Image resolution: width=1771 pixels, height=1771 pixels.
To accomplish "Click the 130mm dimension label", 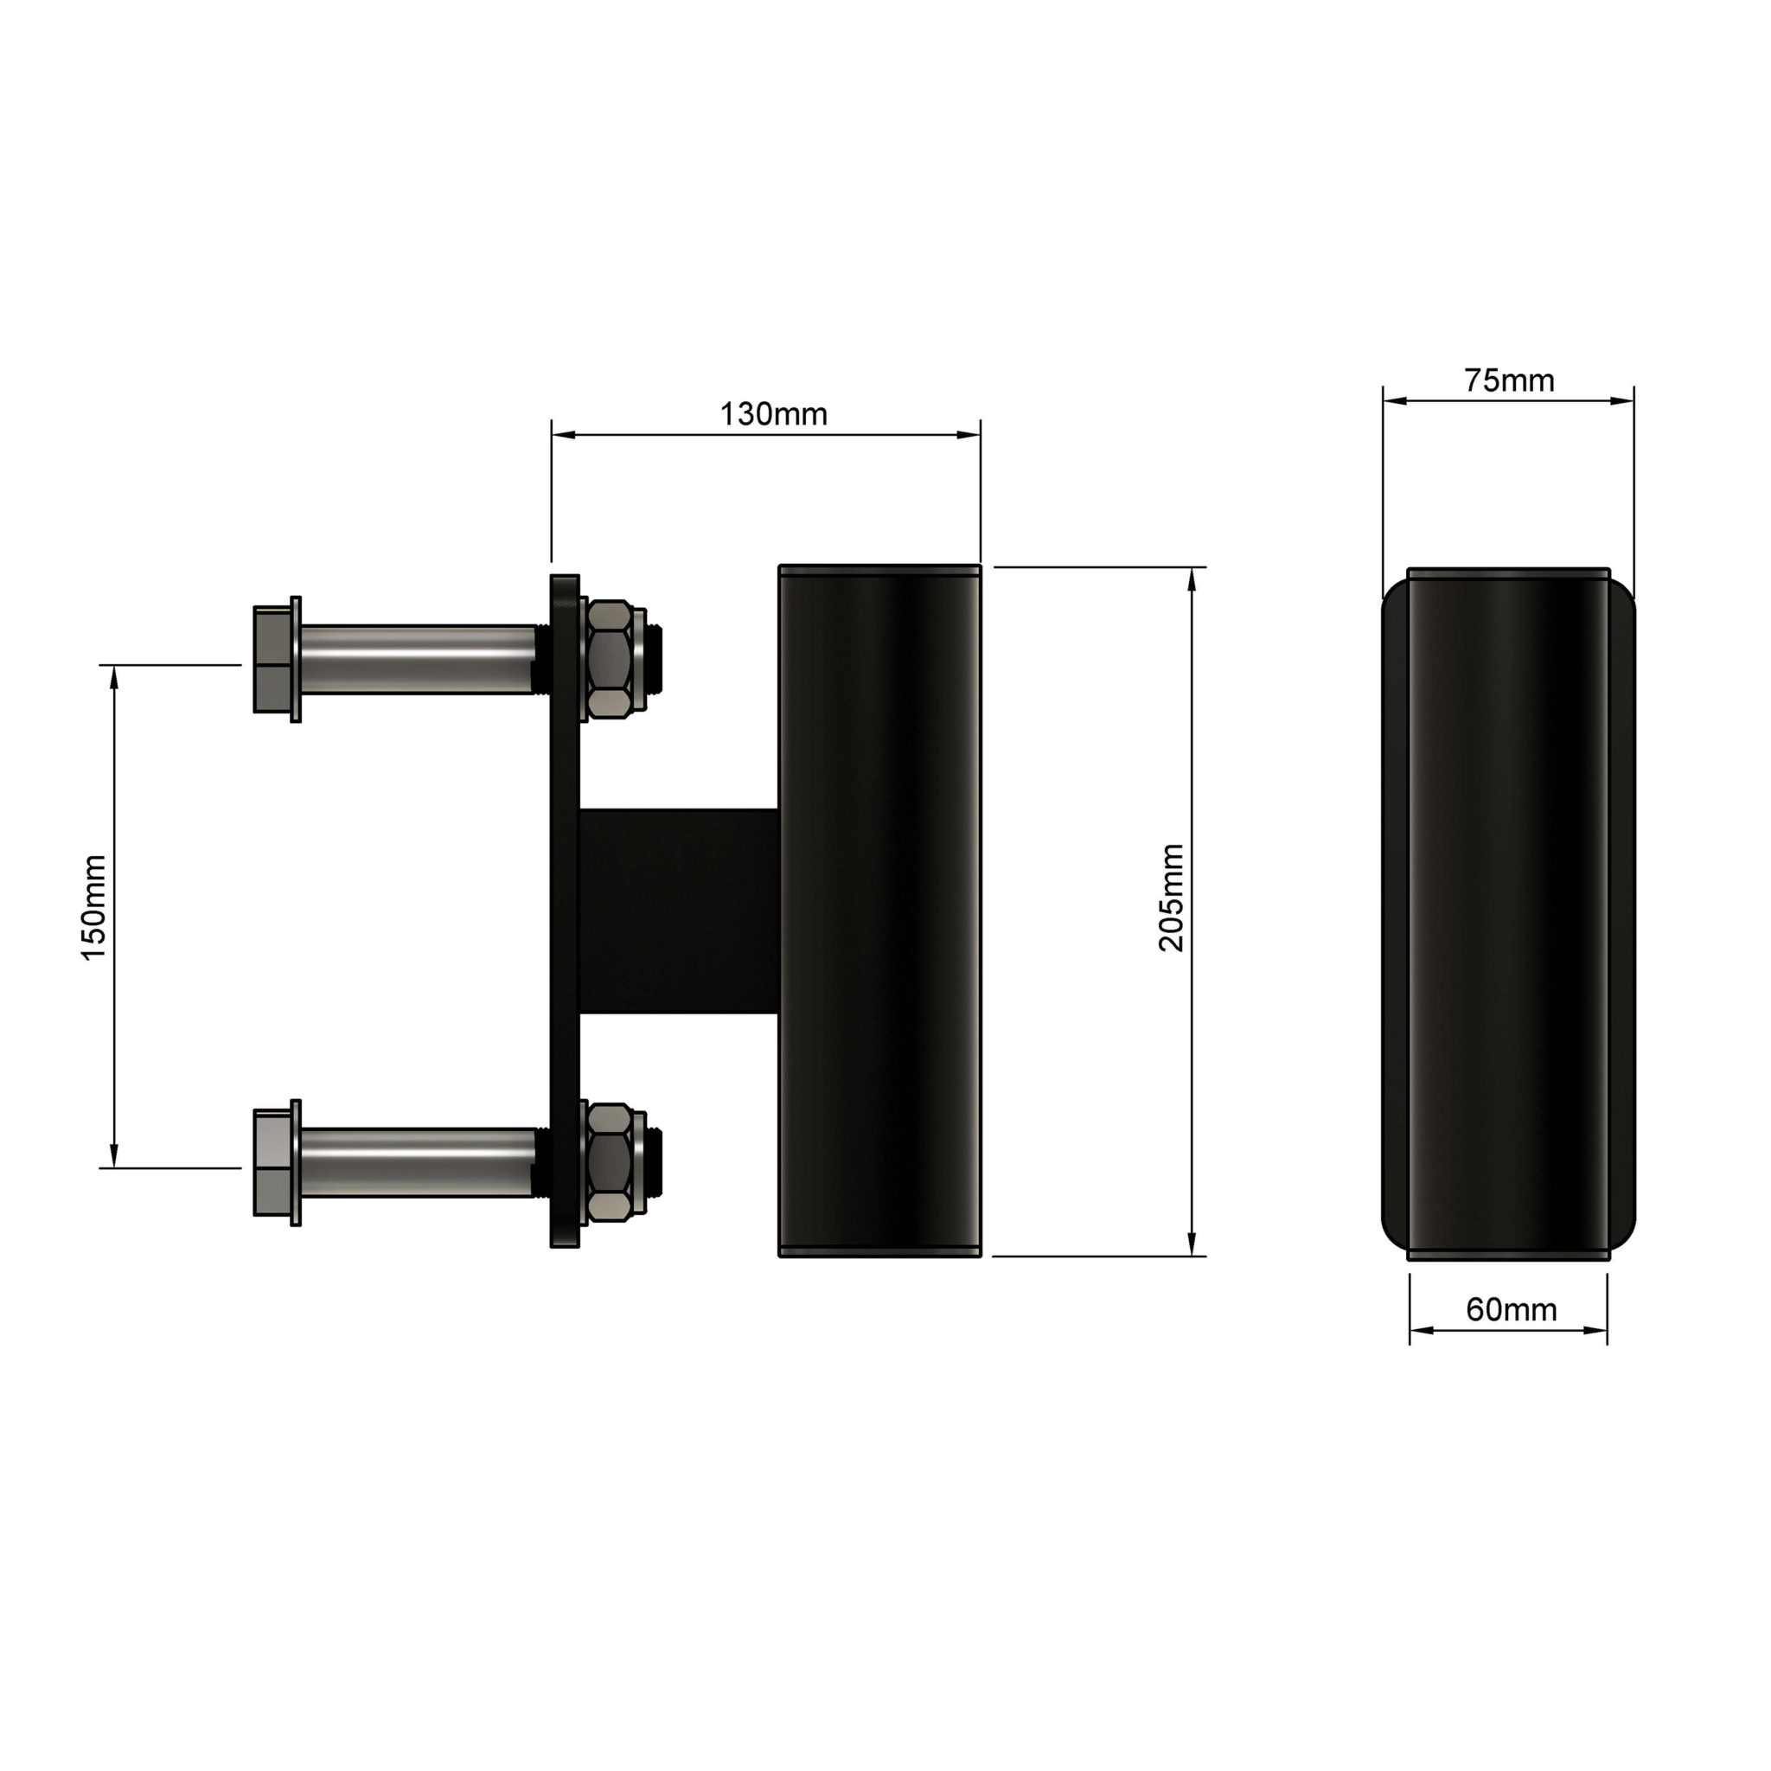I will [773, 414].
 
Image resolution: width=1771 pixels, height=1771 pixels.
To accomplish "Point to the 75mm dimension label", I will [1508, 380].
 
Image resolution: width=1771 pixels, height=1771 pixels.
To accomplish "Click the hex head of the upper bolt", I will [272, 659].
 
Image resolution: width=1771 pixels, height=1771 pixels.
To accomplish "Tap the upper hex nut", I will [609, 658].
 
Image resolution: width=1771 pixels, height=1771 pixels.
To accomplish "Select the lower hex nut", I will [609, 1161].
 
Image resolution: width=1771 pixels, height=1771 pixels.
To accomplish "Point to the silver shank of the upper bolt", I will [417, 659].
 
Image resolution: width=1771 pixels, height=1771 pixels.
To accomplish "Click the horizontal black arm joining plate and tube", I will [678, 911].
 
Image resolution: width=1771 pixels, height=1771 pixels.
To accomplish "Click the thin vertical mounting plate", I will [564, 911].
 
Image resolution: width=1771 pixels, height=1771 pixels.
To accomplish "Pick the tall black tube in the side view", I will [880, 911].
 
